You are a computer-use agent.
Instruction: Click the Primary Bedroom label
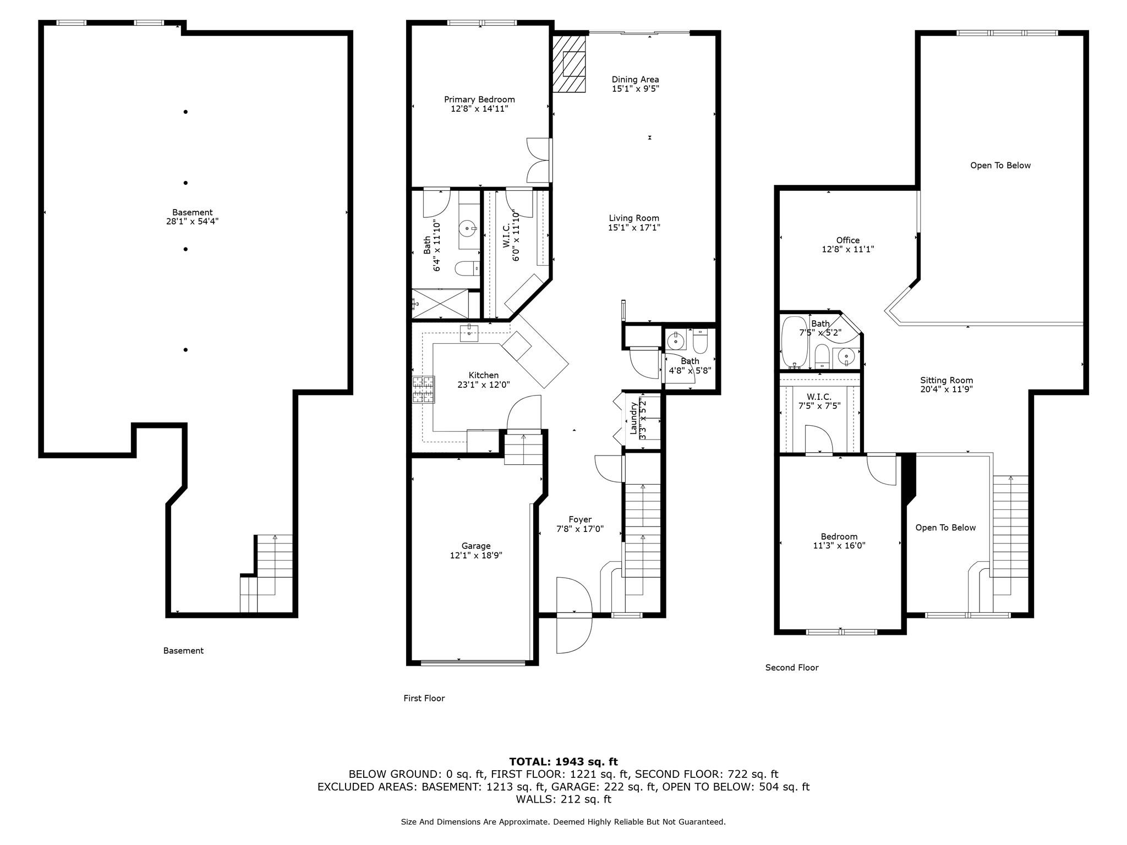tap(479, 100)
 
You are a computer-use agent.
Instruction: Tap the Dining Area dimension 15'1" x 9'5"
tap(635, 89)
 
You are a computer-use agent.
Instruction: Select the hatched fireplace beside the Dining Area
tap(569, 64)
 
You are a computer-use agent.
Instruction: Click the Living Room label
tap(634, 218)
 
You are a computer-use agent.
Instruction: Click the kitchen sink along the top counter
tap(469, 334)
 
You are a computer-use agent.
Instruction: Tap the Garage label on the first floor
tap(476, 546)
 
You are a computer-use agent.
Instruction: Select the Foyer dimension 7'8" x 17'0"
tap(580, 529)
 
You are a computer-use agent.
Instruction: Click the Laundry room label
tap(633, 418)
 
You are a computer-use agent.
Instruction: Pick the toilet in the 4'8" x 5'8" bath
tap(700, 343)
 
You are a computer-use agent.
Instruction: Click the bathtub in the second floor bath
tap(794, 342)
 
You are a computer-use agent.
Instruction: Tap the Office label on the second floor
tap(847, 240)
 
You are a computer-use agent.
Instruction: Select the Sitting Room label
tap(947, 380)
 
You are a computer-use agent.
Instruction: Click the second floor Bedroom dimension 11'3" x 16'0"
tap(839, 546)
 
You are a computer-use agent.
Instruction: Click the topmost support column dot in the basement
tap(186, 112)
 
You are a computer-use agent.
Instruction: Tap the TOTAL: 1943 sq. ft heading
tap(563, 761)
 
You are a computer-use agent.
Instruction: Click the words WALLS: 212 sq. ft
tap(563, 799)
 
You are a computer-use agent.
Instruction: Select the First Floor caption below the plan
tap(424, 698)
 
